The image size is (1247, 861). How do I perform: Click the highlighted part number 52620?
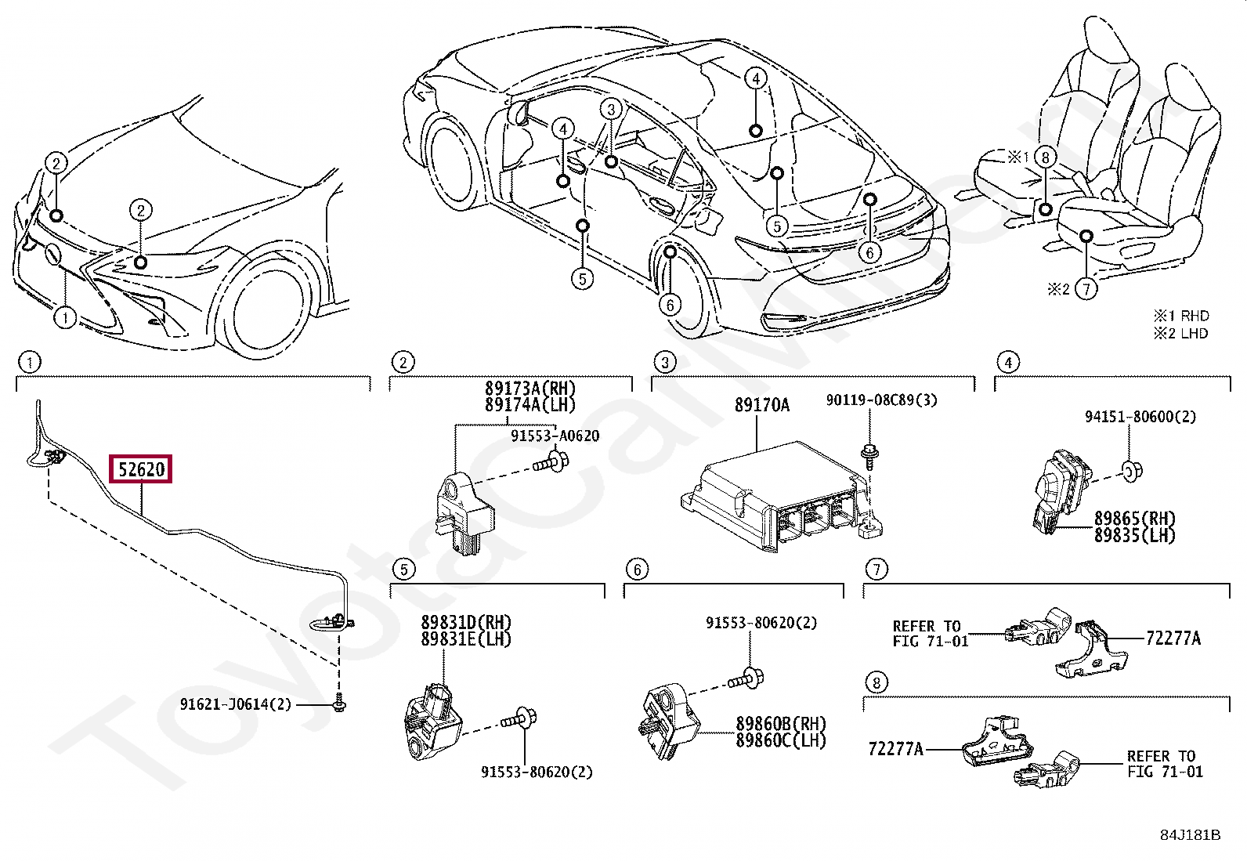click(x=142, y=469)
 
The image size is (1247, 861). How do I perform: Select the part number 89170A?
click(x=762, y=405)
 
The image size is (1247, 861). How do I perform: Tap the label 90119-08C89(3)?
click(x=881, y=400)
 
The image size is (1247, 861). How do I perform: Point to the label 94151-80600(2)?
click(x=1140, y=417)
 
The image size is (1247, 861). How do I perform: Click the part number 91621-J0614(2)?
click(x=236, y=704)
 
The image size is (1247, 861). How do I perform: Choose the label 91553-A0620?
click(x=555, y=436)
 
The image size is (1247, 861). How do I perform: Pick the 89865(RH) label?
click(x=1134, y=519)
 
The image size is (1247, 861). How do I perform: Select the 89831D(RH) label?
click(x=466, y=622)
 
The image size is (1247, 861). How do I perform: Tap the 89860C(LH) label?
click(x=781, y=740)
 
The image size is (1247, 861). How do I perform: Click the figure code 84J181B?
click(x=1191, y=835)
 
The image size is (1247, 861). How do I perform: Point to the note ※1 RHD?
click(x=1180, y=316)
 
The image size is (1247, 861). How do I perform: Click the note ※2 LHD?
click(x=1180, y=334)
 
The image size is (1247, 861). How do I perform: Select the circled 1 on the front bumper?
click(x=65, y=318)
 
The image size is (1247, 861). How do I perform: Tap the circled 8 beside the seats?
click(x=1045, y=157)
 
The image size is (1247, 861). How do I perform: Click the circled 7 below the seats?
click(x=1086, y=288)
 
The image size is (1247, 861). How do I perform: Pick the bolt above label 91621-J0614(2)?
click(x=338, y=704)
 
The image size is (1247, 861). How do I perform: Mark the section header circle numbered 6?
click(x=638, y=570)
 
